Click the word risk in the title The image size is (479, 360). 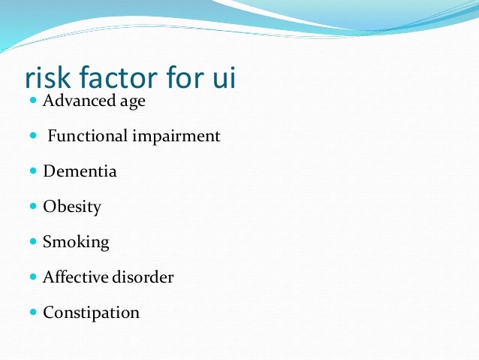pos(49,79)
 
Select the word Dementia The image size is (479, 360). pos(80,171)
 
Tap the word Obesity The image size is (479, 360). pos(72,207)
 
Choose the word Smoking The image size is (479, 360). pos(76,243)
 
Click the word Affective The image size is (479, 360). pos(77,277)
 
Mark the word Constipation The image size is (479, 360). pos(91,312)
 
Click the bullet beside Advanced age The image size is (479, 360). pos(33,101)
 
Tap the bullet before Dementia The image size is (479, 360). pos(33,171)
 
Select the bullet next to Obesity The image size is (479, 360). pos(33,206)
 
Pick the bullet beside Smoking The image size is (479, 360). pos(33,242)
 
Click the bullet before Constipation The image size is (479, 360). pos(33,312)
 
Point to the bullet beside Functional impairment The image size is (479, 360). pos(33,136)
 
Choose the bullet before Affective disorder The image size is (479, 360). pos(33,277)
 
